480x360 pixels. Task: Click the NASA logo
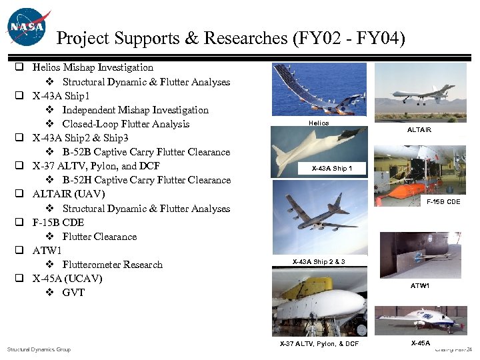pos(26,27)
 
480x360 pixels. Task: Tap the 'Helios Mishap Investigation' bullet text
pos(93,67)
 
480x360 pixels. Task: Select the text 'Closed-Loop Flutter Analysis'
pos(125,124)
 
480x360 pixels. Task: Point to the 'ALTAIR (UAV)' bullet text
pos(69,194)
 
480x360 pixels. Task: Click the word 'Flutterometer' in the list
pos(93,265)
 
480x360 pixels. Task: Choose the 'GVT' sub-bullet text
pos(73,293)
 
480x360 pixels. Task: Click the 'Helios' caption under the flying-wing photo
pos(319,123)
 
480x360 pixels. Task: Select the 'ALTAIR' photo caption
pos(419,129)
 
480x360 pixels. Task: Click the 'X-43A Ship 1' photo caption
pos(331,168)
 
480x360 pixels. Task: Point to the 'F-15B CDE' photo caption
pos(443,201)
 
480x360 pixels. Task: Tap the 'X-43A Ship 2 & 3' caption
pos(319,261)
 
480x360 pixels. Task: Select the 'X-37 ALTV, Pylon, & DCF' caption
pos(319,344)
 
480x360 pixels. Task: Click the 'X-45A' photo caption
pos(420,343)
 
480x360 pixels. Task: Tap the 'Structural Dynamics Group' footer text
pos(39,349)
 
